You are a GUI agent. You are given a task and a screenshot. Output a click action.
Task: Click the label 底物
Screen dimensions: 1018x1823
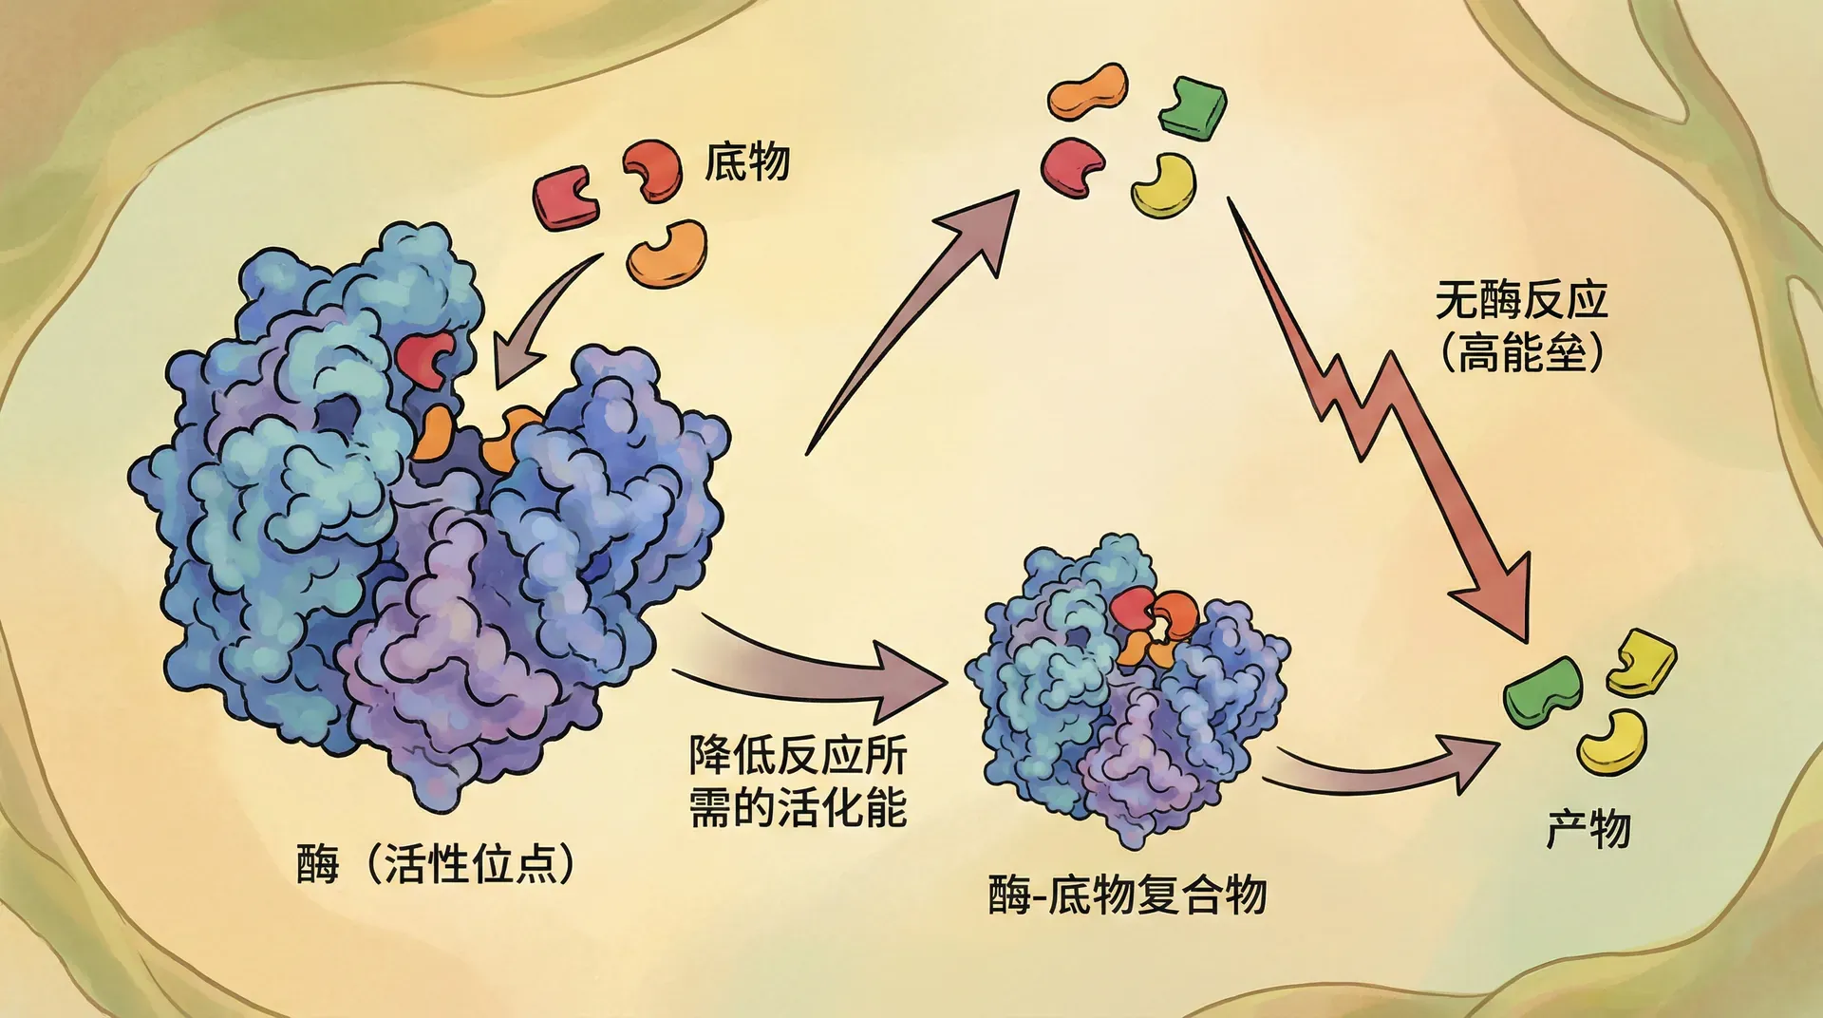click(x=746, y=162)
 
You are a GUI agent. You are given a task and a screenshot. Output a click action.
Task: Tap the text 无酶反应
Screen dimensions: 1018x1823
click(x=1521, y=301)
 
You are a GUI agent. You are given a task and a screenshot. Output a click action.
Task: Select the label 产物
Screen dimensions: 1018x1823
click(x=1588, y=829)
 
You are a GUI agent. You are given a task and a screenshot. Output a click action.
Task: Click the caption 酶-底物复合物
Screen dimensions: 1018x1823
click(x=1127, y=895)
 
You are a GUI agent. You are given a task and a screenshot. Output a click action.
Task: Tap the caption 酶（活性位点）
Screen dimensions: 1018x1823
click(x=436, y=864)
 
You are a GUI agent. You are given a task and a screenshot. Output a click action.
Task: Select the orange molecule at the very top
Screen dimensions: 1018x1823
click(x=1088, y=91)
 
